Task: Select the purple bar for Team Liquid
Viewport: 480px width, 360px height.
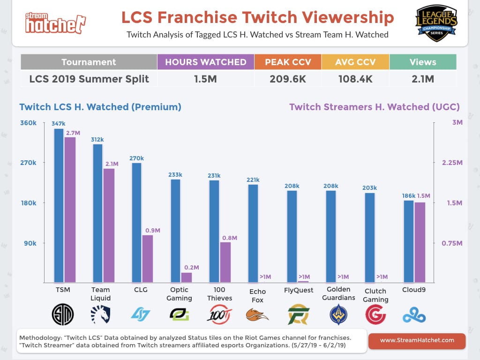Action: pyautogui.click(x=109, y=225)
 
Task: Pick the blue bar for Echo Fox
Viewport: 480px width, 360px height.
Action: pyautogui.click(x=253, y=233)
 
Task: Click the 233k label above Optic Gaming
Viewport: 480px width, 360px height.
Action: pyautogui.click(x=175, y=174)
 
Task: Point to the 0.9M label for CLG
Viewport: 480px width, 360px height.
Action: pyautogui.click(x=151, y=230)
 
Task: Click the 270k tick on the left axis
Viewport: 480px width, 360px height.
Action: pyautogui.click(x=28, y=163)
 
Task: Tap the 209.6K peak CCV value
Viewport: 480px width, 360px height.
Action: pyautogui.click(x=288, y=79)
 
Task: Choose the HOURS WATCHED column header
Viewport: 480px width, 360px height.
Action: pyautogui.click(x=206, y=62)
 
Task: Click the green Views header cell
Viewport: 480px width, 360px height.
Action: pyautogui.click(x=423, y=62)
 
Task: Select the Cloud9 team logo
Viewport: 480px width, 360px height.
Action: pyautogui.click(x=414, y=315)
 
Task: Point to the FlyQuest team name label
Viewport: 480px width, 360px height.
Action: pyautogui.click(x=299, y=290)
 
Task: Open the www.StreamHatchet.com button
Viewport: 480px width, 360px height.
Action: pyautogui.click(x=417, y=341)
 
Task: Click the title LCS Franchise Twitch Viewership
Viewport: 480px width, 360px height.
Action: pyautogui.click(x=257, y=17)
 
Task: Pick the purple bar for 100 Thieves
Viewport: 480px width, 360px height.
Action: pyautogui.click(x=225, y=262)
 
